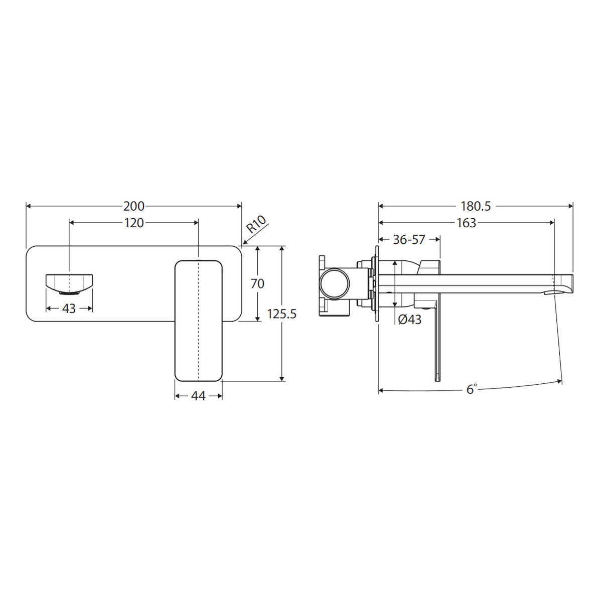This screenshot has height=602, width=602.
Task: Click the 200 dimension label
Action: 134,206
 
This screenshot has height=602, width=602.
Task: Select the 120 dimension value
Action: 134,223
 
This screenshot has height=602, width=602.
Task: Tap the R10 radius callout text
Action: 256,224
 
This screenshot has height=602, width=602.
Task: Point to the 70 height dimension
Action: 257,283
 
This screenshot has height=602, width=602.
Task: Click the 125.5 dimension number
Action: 281,314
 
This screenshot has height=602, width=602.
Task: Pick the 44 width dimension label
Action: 198,396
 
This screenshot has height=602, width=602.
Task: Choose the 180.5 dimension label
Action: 476,206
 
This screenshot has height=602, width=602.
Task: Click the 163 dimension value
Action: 466,223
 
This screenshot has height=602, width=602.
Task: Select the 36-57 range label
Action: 409,240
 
